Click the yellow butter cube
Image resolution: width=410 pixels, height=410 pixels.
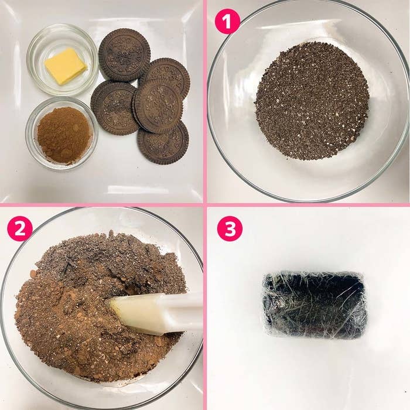coord(65,66)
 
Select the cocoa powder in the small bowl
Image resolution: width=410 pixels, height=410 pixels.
coord(64,135)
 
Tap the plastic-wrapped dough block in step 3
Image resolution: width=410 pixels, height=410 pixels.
coord(314,305)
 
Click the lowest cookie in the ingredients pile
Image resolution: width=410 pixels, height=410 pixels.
coord(163,143)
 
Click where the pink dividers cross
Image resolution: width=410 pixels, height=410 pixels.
coord(205,204)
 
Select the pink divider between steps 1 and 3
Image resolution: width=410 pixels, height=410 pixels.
coord(307,204)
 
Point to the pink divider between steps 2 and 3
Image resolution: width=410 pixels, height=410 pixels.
coord(205,307)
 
